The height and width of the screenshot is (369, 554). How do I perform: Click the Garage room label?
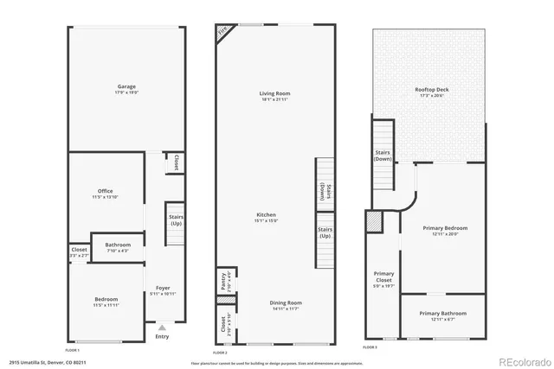click(x=127, y=87)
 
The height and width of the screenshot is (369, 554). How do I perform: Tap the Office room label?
click(x=105, y=191)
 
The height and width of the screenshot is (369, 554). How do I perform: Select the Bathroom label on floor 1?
click(x=118, y=245)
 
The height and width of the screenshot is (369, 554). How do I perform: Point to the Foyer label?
click(x=163, y=287)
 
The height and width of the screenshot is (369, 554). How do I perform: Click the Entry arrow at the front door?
click(x=161, y=328)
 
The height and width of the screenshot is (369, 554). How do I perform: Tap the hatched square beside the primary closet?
click(x=375, y=222)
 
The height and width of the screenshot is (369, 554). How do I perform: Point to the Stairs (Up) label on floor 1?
click(x=176, y=221)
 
